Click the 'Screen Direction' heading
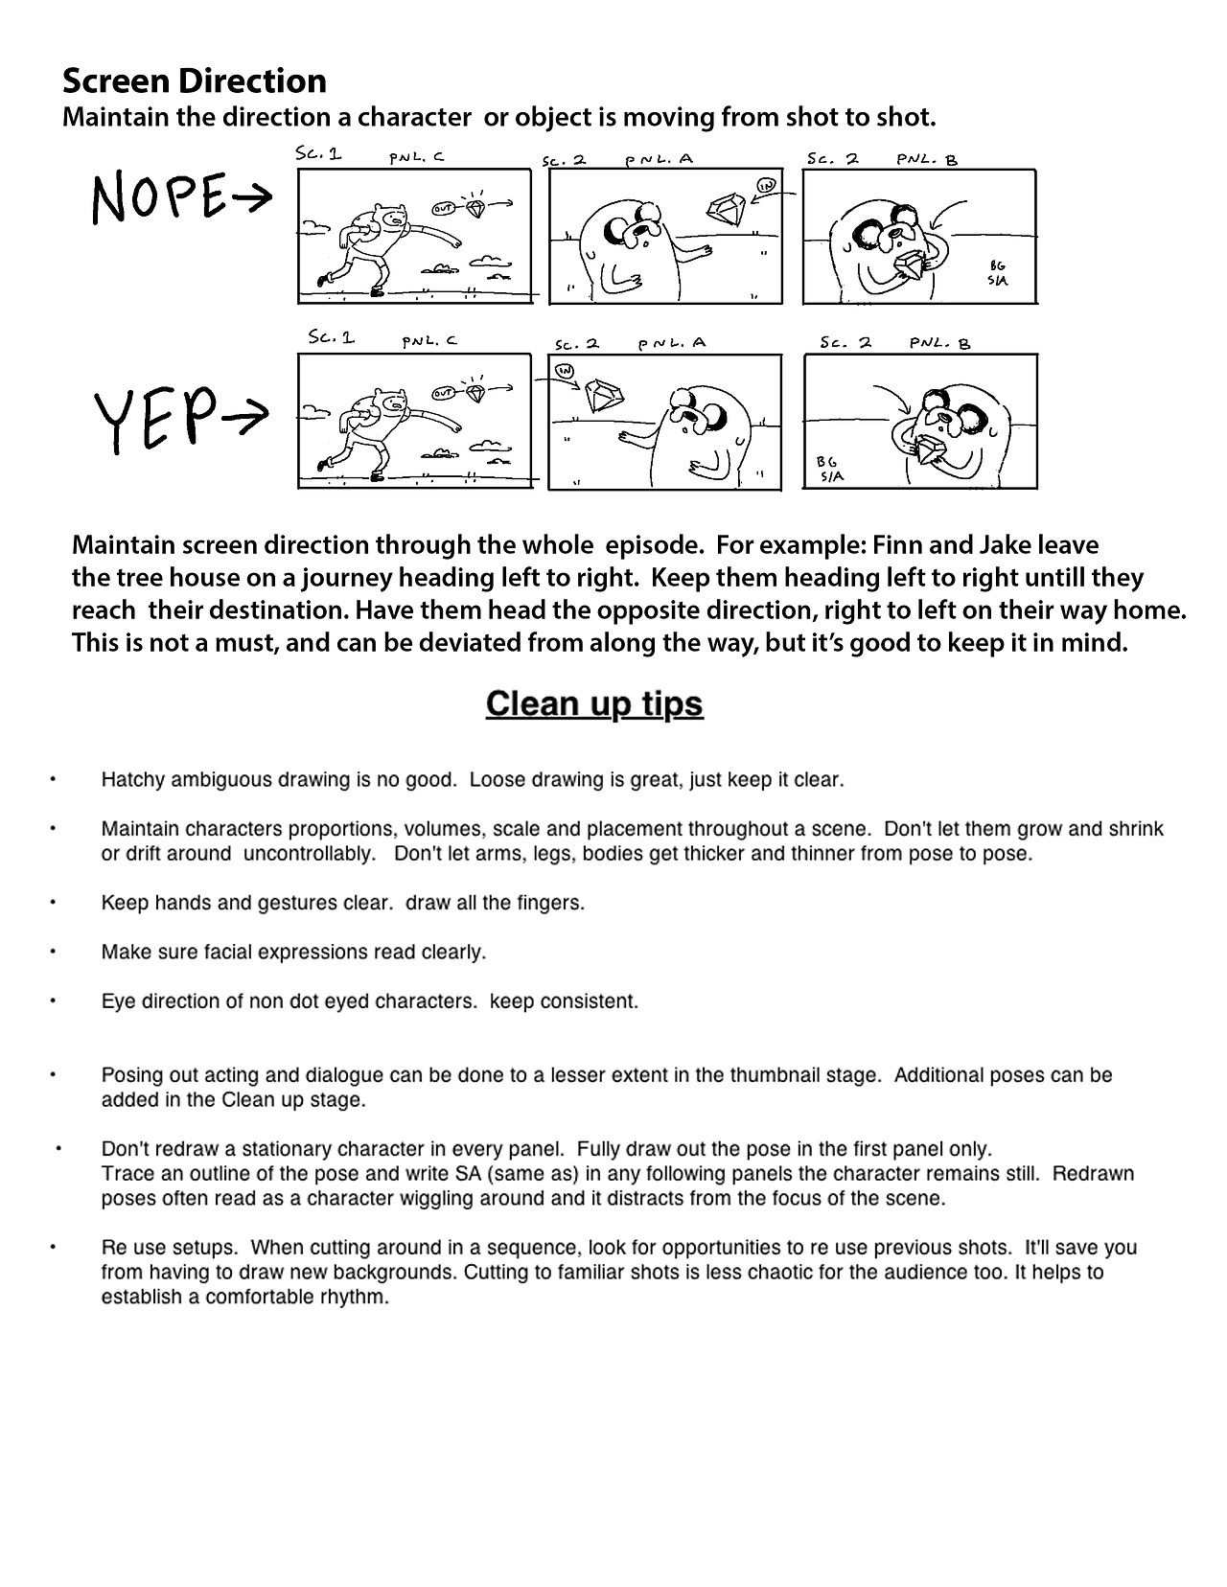pos(195,80)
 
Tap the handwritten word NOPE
pos(160,198)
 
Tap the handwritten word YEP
pos(151,419)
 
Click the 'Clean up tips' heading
pos(594,703)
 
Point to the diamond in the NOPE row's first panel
pos(475,206)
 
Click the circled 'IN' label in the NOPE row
pos(765,185)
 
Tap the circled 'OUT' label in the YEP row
pos(443,393)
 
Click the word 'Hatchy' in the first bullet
pos(132,780)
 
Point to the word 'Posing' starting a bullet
pos(130,1075)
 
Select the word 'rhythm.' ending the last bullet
pos(359,1298)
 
